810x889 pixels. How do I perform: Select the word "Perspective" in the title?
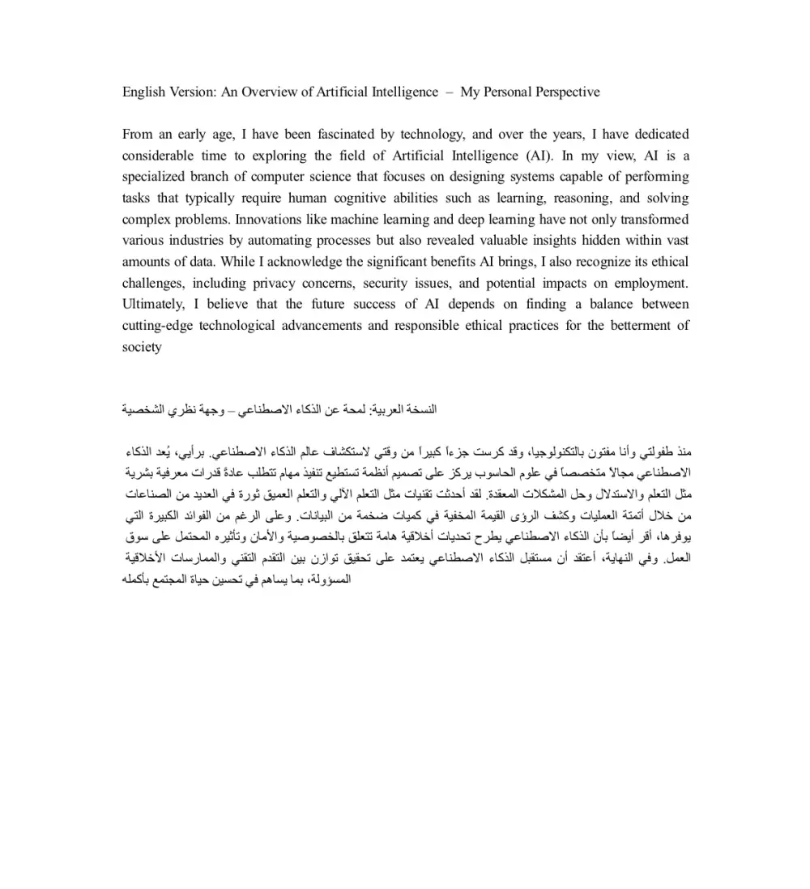[566, 92]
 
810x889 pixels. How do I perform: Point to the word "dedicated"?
[656, 135]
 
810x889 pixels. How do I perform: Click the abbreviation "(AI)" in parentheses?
[537, 156]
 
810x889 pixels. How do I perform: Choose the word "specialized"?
[157, 177]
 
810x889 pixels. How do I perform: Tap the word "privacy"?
[274, 283]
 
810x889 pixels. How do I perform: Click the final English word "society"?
[142, 347]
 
